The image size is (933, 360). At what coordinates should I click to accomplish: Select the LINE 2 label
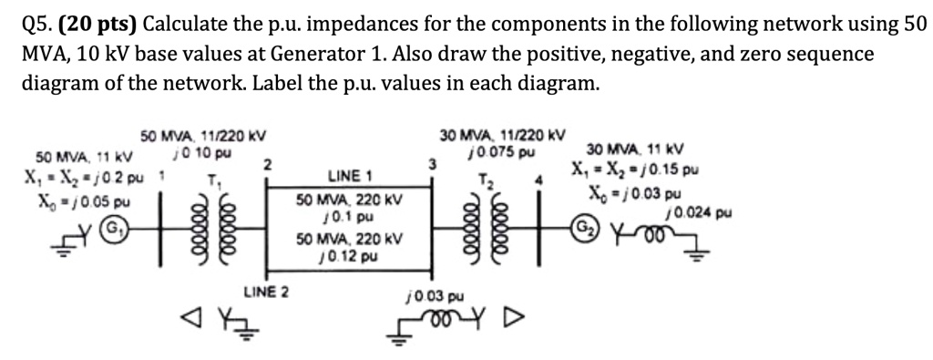266,293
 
